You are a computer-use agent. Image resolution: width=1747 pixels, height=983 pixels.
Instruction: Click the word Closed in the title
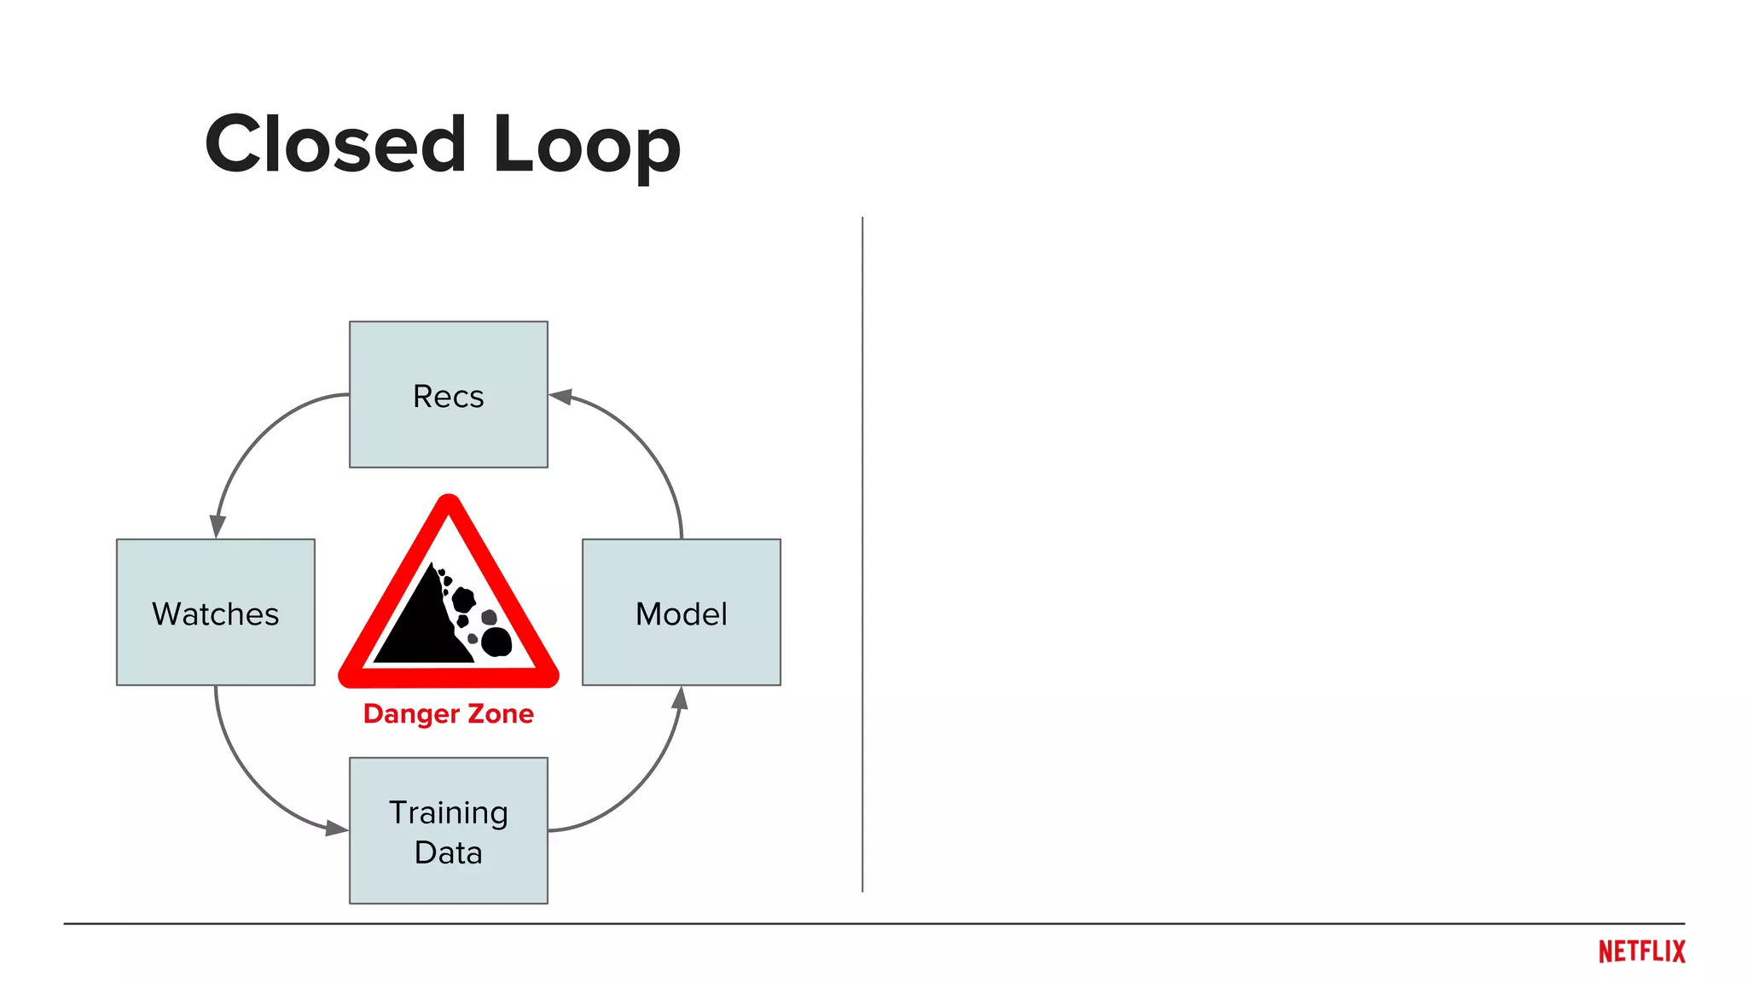coord(335,145)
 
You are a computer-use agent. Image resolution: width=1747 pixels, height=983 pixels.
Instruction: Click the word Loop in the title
coord(587,147)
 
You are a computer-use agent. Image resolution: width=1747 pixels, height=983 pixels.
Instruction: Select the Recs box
coord(449,394)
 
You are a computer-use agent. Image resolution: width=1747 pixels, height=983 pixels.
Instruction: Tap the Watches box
coord(216,612)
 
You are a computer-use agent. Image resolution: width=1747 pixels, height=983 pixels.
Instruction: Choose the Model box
coord(682,612)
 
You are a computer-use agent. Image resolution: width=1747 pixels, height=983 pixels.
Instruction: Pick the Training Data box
coord(449,830)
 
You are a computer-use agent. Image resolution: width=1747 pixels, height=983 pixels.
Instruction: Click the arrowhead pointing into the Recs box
coord(560,397)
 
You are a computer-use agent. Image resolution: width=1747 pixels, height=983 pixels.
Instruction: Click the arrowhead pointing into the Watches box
coord(218,526)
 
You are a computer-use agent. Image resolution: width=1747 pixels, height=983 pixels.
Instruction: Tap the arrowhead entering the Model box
coord(680,699)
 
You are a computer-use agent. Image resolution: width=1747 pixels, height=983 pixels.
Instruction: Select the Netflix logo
coord(1641,951)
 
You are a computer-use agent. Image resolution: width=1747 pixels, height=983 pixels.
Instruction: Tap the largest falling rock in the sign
coord(496,641)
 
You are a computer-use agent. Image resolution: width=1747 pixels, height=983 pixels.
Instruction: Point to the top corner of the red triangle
coord(449,503)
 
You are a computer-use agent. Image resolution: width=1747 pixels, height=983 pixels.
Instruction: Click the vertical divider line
coord(862,555)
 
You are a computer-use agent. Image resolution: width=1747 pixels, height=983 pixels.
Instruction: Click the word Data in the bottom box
coord(449,852)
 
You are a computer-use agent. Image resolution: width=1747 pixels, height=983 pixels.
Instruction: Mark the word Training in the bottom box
coord(449,813)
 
